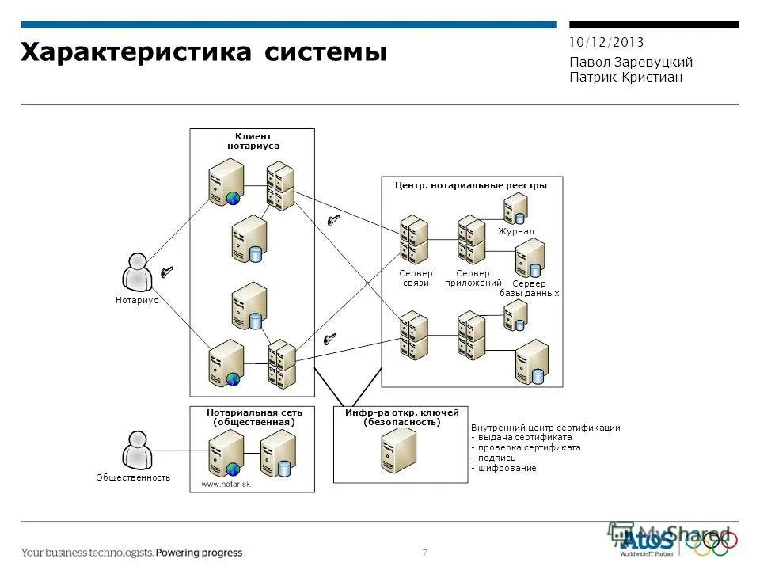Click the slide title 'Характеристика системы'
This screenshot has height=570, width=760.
click(203, 52)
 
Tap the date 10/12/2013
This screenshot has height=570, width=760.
click(606, 43)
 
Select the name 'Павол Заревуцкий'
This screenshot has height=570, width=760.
click(631, 62)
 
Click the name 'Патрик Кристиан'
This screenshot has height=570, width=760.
click(625, 77)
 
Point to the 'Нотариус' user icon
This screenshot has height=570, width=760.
click(137, 272)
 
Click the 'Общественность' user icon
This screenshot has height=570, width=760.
click(136, 450)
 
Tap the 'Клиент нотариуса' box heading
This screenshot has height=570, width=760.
click(253, 141)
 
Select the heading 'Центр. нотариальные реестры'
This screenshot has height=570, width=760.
click(470, 185)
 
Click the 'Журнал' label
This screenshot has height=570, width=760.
click(515, 231)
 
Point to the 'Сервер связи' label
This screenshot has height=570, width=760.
click(416, 278)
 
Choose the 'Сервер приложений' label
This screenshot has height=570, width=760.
click(473, 278)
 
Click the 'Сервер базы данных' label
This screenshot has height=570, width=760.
click(529, 288)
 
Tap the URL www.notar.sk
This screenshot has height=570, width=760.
click(226, 484)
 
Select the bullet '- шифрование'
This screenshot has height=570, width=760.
click(503, 468)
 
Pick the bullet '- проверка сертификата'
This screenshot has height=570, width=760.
click(526, 447)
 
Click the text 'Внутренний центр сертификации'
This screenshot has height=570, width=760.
click(545, 427)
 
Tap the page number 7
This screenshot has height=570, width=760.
click(425, 553)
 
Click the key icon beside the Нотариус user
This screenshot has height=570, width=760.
click(167, 272)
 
